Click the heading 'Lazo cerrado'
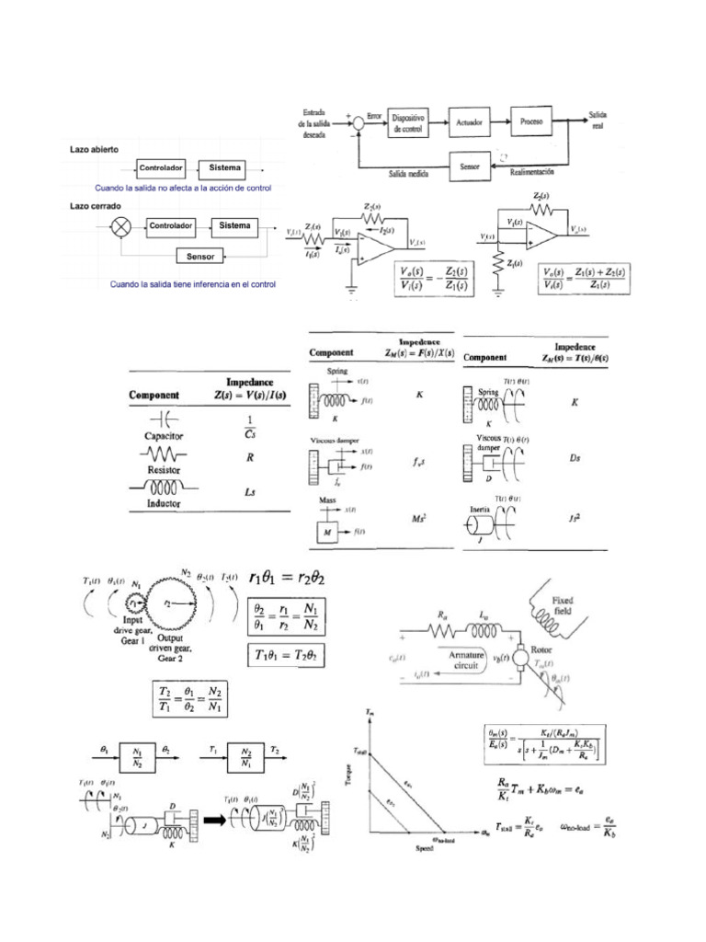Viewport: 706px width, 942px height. pyautogui.click(x=96, y=207)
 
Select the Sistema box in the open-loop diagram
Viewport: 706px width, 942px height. pyautogui.click(x=225, y=168)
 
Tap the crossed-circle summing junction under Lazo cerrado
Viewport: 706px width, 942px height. pyautogui.click(x=120, y=226)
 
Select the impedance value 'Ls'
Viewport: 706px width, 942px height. pyautogui.click(x=249, y=493)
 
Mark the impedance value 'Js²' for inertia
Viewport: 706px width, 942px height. pyautogui.click(x=575, y=519)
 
